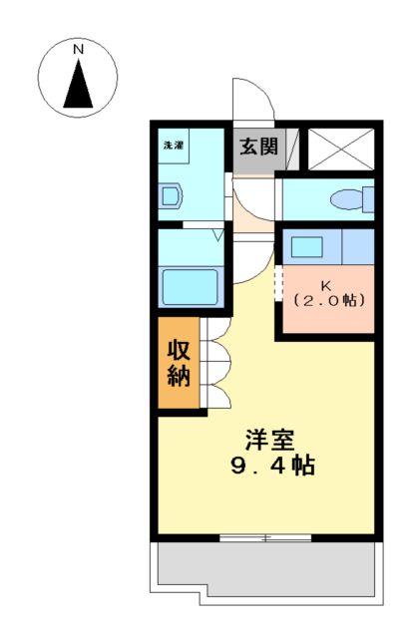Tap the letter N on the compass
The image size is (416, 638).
(x=78, y=48)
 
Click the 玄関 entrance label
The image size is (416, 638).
(x=257, y=148)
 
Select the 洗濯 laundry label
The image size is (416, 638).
(x=174, y=146)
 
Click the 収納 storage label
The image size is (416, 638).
(x=179, y=363)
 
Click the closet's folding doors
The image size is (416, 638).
(x=217, y=363)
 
